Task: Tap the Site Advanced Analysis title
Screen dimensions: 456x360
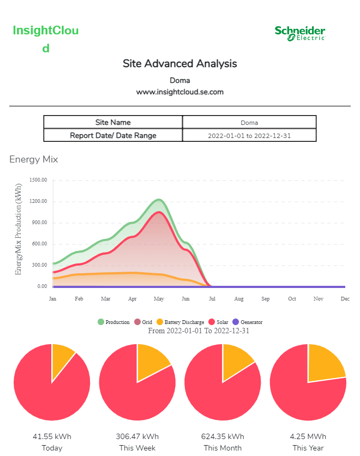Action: point(180,64)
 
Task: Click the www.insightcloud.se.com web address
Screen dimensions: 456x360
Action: point(180,92)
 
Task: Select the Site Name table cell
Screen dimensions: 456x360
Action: point(113,122)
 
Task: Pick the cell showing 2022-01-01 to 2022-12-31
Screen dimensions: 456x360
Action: point(249,135)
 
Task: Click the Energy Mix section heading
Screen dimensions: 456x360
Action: point(34,159)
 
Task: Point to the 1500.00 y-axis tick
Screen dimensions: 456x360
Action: point(38,180)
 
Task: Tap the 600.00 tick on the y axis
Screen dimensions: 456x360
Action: point(38,244)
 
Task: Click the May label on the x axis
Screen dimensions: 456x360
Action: point(159,299)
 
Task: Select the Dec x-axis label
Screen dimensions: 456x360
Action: point(345,299)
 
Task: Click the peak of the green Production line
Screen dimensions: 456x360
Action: point(158,200)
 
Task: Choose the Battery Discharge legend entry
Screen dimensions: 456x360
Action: point(181,322)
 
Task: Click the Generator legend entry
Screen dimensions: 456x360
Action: point(248,322)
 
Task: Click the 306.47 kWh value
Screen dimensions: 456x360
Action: point(137,436)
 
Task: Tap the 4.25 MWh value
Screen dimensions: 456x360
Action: point(308,436)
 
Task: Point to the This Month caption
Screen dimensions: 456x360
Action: point(223,448)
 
